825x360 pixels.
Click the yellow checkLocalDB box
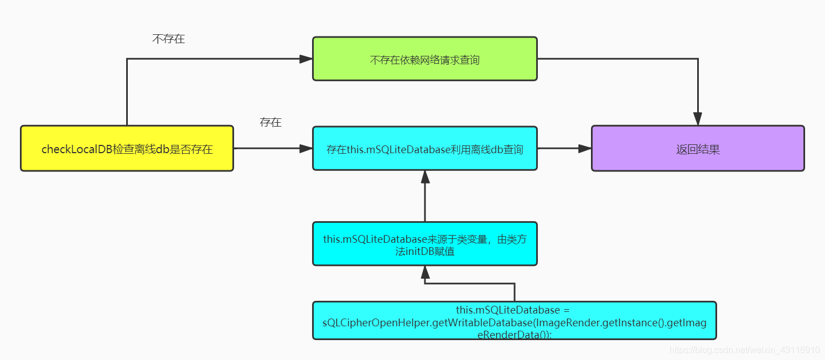pyautogui.click(x=127, y=148)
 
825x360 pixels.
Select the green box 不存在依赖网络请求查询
pyautogui.click(x=424, y=59)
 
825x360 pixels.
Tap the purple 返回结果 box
pyautogui.click(x=697, y=148)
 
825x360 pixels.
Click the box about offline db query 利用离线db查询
pyautogui.click(x=424, y=148)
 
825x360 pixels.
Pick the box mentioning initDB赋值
pyautogui.click(x=424, y=244)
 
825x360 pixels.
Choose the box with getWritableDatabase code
pyautogui.click(x=514, y=320)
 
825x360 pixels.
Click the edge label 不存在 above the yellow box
pyautogui.click(x=168, y=39)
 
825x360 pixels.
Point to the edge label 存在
pyautogui.click(x=271, y=123)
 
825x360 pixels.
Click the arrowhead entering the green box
pyautogui.click(x=306, y=59)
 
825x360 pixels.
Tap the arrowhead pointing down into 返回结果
pyautogui.click(x=697, y=119)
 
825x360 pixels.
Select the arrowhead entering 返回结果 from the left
pyautogui.click(x=585, y=148)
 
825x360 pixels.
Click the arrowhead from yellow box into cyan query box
pyautogui.click(x=306, y=148)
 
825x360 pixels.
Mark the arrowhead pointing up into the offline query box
pyautogui.click(x=424, y=177)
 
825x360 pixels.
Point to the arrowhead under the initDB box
pyautogui.click(x=424, y=272)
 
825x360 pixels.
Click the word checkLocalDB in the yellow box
pyautogui.click(x=77, y=149)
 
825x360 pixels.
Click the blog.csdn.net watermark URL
pyautogui.click(x=744, y=350)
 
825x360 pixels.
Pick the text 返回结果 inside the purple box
pyautogui.click(x=698, y=149)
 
